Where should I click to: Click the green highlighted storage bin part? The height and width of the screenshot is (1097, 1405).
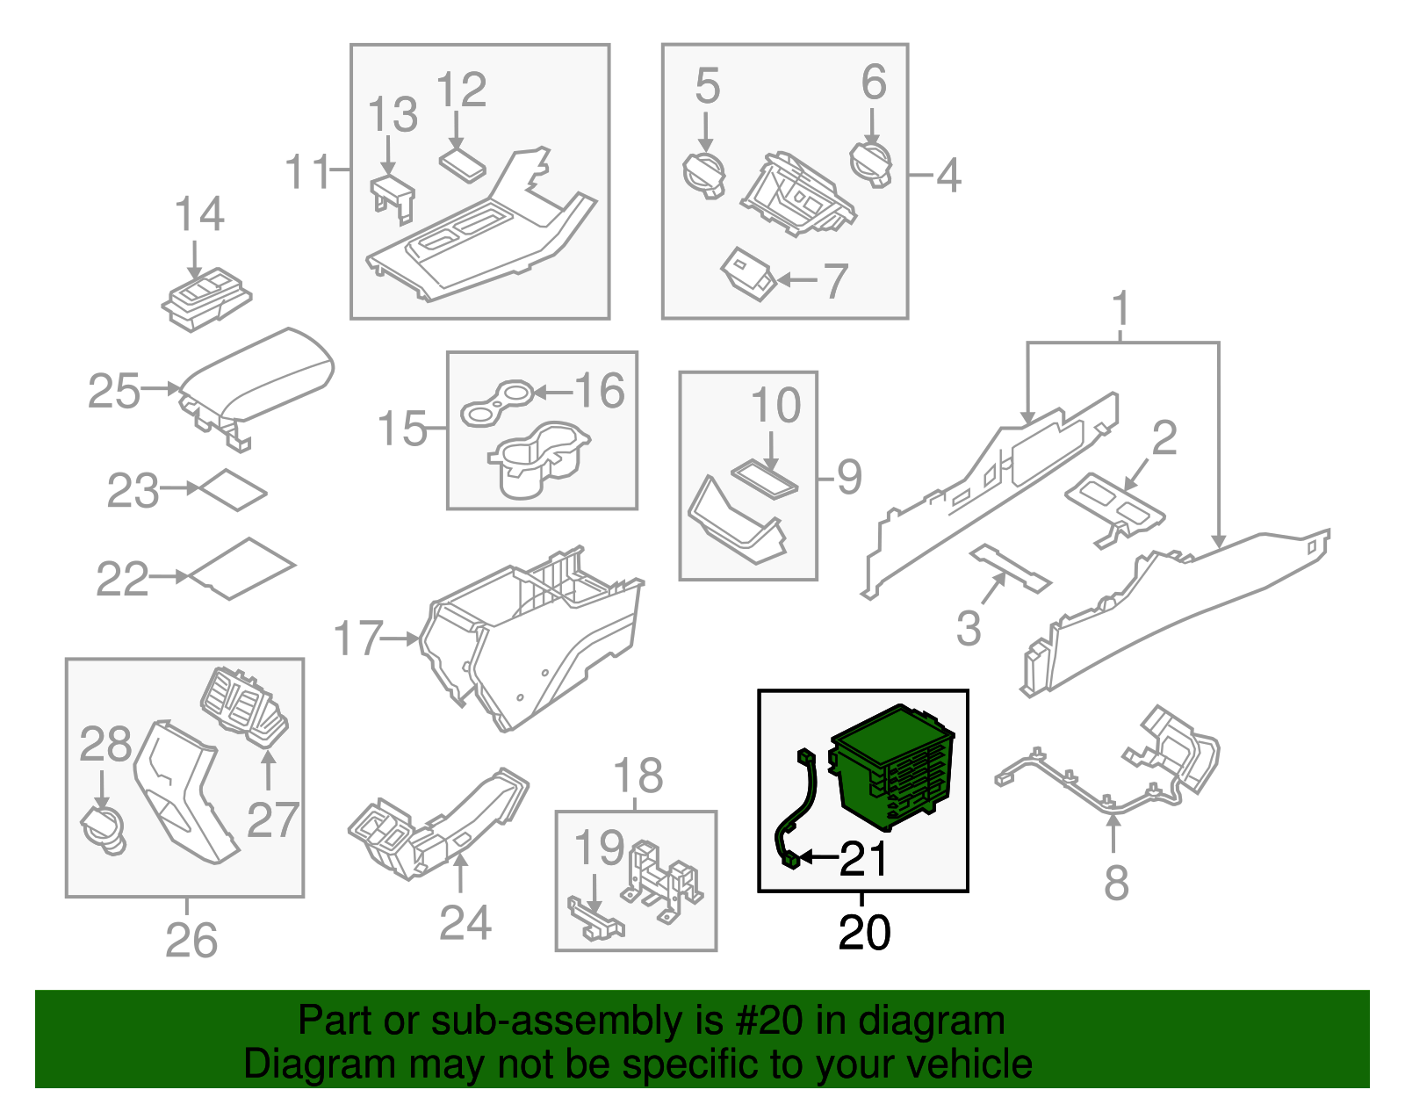point(891,764)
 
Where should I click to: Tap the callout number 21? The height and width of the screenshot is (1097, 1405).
point(864,859)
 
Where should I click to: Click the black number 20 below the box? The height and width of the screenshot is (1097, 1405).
point(864,933)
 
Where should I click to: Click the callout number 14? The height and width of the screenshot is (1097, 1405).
point(199,215)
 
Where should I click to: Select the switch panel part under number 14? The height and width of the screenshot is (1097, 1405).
point(207,300)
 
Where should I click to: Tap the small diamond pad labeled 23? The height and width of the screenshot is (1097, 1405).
point(234,490)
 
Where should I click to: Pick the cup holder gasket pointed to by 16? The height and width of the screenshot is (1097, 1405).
point(496,402)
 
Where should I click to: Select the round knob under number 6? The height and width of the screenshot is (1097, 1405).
point(871,164)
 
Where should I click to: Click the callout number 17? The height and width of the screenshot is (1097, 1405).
point(358,639)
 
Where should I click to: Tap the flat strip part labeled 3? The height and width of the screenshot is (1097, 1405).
point(1010,568)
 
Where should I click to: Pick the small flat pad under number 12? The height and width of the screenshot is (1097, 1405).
point(463,164)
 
